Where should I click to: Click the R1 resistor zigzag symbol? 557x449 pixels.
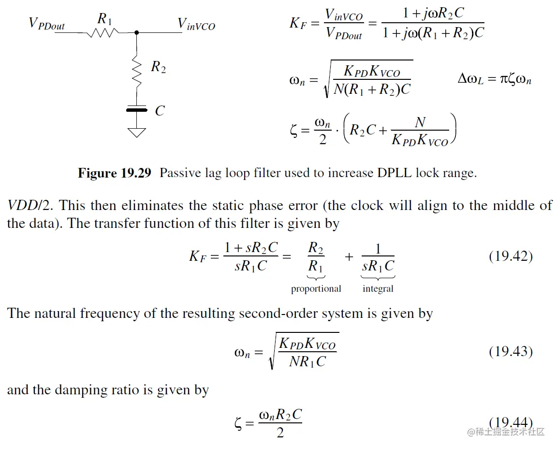[x=103, y=33]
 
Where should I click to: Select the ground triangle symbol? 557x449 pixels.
[x=136, y=132]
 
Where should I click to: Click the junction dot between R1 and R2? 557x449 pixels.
[x=137, y=33]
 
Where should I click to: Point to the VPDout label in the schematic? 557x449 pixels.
[x=47, y=24]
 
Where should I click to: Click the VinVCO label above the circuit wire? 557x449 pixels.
[x=196, y=24]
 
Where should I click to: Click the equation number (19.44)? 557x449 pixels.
[x=511, y=422]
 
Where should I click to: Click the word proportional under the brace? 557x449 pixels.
[x=316, y=289]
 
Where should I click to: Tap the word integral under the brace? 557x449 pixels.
[x=378, y=289]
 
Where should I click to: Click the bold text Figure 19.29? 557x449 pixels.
[x=115, y=173]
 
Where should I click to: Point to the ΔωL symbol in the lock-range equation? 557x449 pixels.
[x=470, y=79]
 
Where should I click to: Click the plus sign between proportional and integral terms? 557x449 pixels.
[x=349, y=256]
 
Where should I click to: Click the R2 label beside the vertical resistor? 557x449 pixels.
[x=158, y=67]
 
